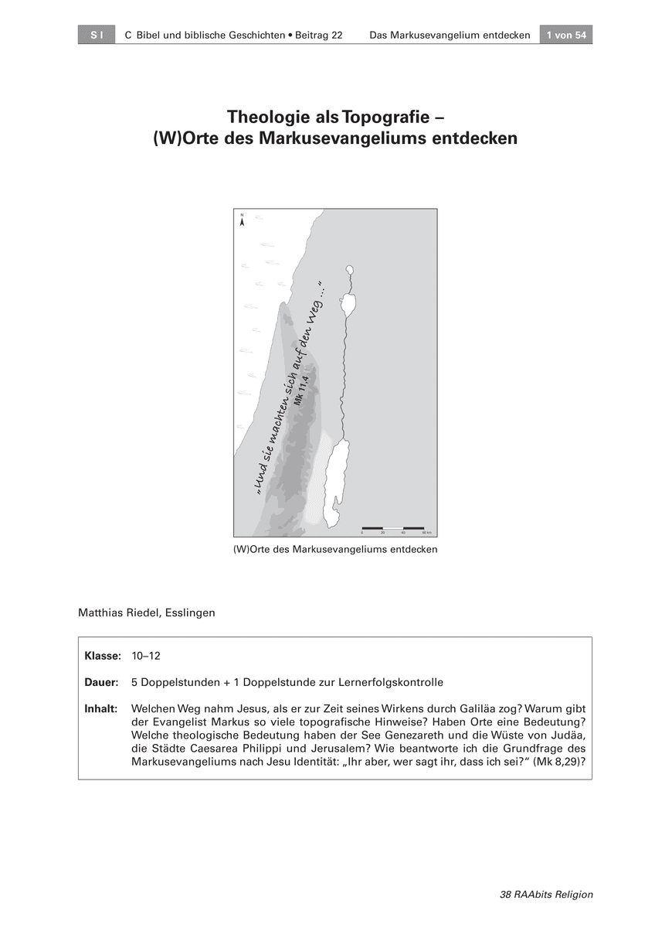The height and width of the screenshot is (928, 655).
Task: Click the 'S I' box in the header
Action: click(x=97, y=36)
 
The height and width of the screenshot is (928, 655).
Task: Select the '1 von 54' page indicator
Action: click(x=566, y=36)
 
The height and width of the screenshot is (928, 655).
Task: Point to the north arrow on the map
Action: click(x=243, y=220)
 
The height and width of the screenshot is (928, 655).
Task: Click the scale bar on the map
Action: click(x=393, y=527)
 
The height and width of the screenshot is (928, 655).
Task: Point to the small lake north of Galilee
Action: click(x=349, y=271)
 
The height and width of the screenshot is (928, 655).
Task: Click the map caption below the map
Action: click(x=335, y=549)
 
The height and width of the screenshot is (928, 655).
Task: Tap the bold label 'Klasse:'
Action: click(x=103, y=656)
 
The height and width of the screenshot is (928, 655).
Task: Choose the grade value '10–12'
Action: click(x=146, y=656)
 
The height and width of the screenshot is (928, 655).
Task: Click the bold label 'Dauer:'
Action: click(x=101, y=682)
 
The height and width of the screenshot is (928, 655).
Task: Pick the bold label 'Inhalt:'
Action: click(x=101, y=708)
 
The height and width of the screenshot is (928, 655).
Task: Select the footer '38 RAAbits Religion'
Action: click(x=547, y=895)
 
